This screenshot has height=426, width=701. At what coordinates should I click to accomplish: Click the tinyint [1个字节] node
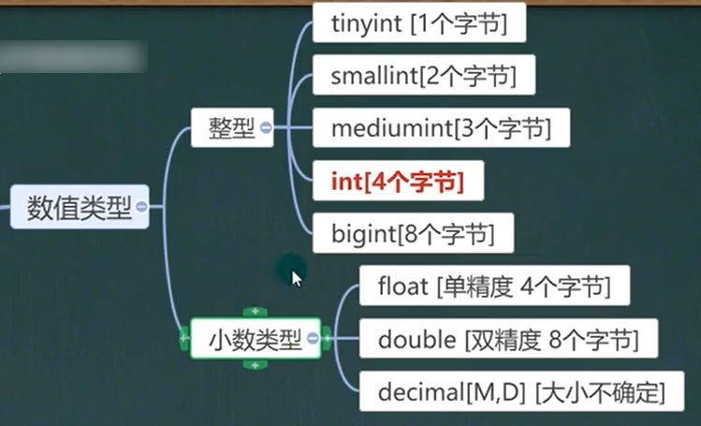point(418,25)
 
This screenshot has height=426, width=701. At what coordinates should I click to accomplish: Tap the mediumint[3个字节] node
point(440,128)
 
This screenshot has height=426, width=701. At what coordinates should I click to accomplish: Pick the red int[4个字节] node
point(397,180)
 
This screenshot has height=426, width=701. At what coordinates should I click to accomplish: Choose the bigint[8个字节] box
point(412,231)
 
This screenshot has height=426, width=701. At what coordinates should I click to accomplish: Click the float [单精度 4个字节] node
point(493,286)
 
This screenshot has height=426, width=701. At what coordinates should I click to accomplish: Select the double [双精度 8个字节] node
point(506,338)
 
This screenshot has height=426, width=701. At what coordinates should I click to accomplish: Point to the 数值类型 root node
point(79,207)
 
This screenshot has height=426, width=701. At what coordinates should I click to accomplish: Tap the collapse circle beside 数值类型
point(141,207)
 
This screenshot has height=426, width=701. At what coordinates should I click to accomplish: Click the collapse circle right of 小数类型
point(313,339)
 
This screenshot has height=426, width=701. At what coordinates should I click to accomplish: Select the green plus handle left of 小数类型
point(184,338)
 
